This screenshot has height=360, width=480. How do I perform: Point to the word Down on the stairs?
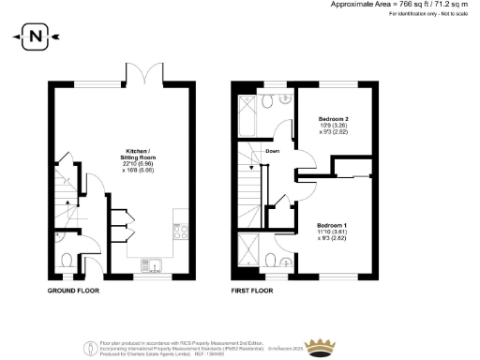tap(272, 151)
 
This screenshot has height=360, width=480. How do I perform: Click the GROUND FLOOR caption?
tap(73, 291)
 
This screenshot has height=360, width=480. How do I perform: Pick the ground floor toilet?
tap(66, 260)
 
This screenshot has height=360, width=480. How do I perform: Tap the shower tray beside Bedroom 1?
tap(249, 250)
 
